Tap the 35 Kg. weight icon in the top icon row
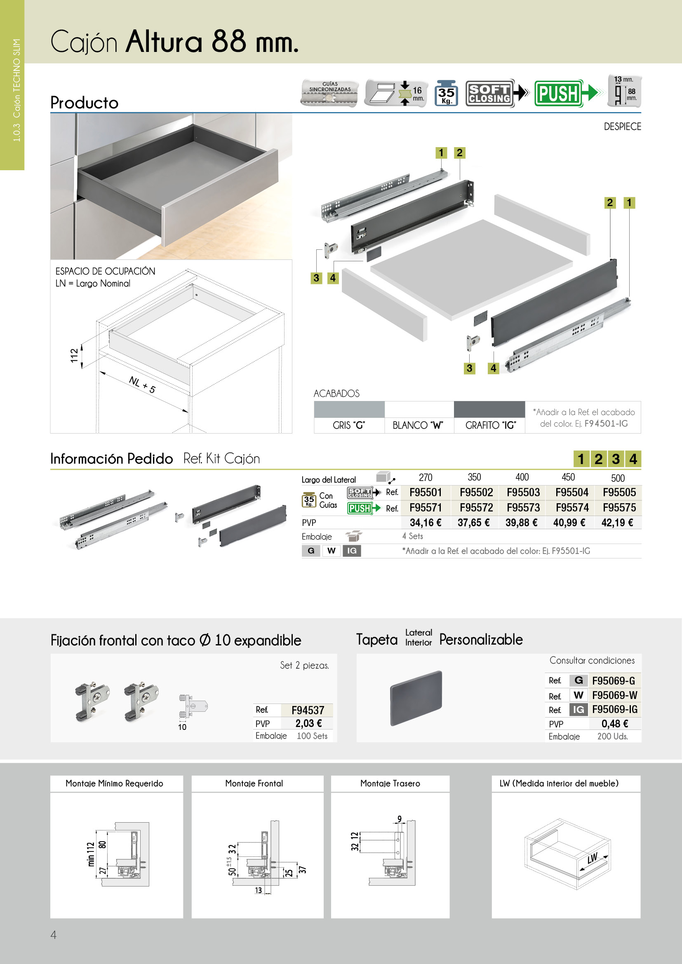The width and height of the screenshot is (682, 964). click(x=446, y=93)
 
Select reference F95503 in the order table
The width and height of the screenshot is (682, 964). click(x=523, y=492)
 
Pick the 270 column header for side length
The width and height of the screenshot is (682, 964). click(x=426, y=477)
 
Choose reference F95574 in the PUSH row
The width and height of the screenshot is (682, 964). click(x=572, y=508)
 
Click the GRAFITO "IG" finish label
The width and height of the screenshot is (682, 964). click(x=490, y=425)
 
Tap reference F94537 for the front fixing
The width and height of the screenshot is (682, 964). click(x=308, y=710)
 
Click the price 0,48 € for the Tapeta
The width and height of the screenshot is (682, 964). click(x=614, y=723)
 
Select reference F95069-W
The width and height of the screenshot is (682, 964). click(x=614, y=695)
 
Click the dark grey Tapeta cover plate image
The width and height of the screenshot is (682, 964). click(x=416, y=698)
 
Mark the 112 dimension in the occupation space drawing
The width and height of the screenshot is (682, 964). click(x=74, y=355)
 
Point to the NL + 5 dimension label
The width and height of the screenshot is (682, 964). click(x=142, y=385)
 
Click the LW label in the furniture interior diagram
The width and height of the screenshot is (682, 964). click(x=592, y=858)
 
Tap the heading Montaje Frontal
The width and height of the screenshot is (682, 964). click(x=254, y=783)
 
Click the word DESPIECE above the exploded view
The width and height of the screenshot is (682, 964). click(x=622, y=127)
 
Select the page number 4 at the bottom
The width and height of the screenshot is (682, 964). click(x=53, y=935)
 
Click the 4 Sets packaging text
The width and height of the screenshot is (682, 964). click(x=412, y=536)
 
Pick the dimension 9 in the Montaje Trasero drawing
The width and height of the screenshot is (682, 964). click(x=400, y=819)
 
